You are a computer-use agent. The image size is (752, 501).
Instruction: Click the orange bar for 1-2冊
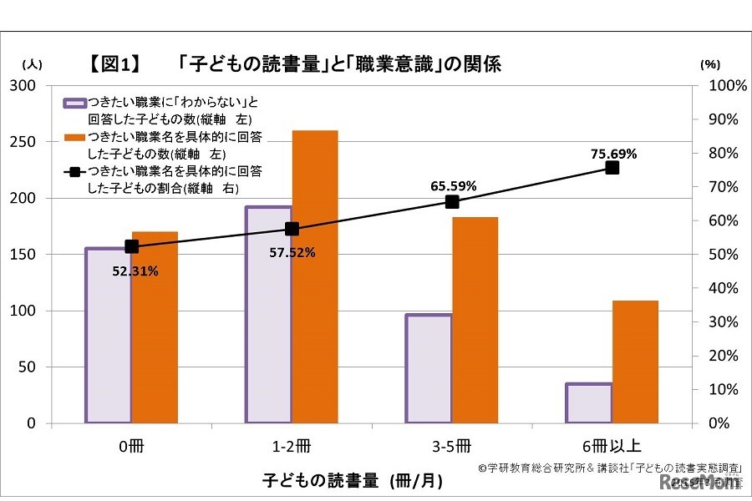[315, 277]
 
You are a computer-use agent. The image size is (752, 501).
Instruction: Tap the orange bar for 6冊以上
[635, 362]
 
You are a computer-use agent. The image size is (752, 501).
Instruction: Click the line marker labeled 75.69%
[612, 168]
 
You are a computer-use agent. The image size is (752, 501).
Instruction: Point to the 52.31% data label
[135, 271]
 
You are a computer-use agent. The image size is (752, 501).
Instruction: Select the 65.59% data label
[454, 185]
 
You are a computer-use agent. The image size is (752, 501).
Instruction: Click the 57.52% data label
[292, 252]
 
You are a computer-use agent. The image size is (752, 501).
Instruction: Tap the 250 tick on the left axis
[28, 142]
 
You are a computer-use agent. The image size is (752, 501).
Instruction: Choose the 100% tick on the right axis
[721, 86]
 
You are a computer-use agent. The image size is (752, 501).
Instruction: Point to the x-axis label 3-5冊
[452, 444]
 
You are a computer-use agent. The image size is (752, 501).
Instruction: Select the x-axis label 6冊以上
[612, 444]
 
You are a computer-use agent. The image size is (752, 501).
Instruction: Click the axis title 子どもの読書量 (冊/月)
[352, 481]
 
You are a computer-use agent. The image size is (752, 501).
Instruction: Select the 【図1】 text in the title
[114, 64]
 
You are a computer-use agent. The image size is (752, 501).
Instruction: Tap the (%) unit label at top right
[709, 63]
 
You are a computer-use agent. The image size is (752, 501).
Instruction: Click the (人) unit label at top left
[32, 63]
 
